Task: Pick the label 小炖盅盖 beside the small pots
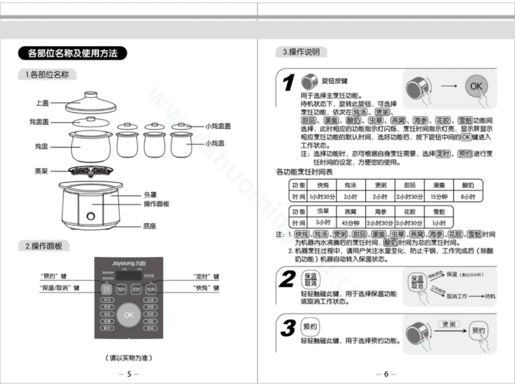pyautogui.click(x=219, y=125)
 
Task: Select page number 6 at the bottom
pyautogui.click(x=386, y=374)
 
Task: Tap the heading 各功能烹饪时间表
pyautogui.click(x=309, y=171)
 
